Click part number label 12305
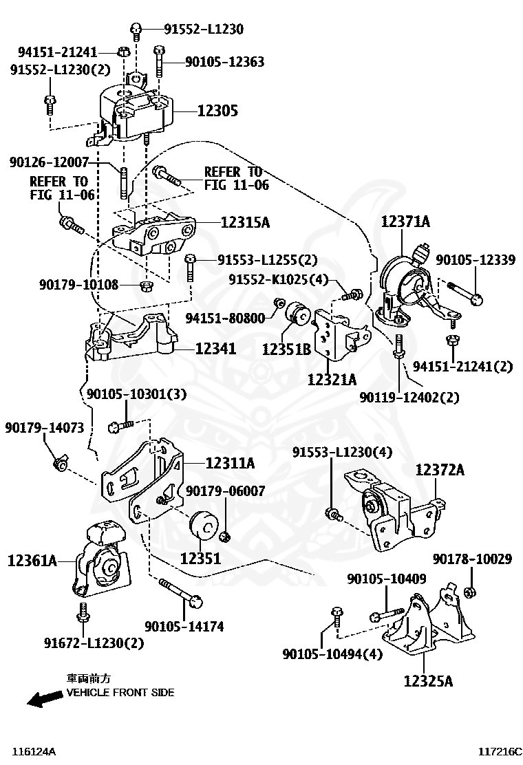tap(217, 111)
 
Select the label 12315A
tap(245, 222)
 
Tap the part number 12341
tap(215, 348)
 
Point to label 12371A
tap(405, 222)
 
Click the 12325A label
tap(428, 680)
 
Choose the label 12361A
tap(32, 561)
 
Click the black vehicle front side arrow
tap(45, 699)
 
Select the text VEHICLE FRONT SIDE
tap(120, 692)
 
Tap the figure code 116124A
tap(34, 752)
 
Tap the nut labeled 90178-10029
tap(470, 592)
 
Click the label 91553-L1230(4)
tap(343, 452)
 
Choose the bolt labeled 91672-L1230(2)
tap(83, 613)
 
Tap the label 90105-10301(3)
tap(137, 394)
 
